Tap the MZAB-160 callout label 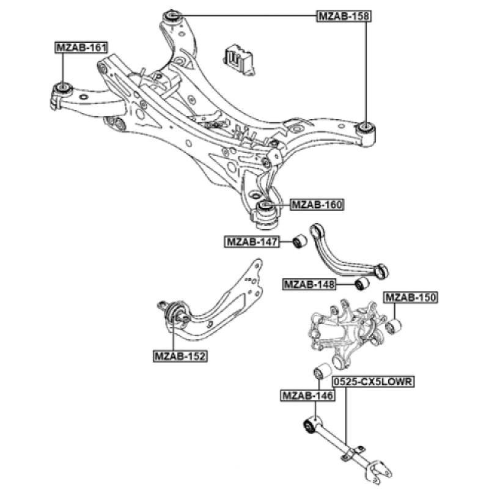tap(316, 205)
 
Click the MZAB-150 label tap(410, 298)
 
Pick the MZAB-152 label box tap(180, 355)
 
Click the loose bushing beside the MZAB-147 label tap(300, 241)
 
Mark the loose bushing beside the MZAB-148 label tap(362, 284)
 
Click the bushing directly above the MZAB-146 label tap(322, 371)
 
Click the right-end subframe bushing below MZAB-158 tap(366, 127)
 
